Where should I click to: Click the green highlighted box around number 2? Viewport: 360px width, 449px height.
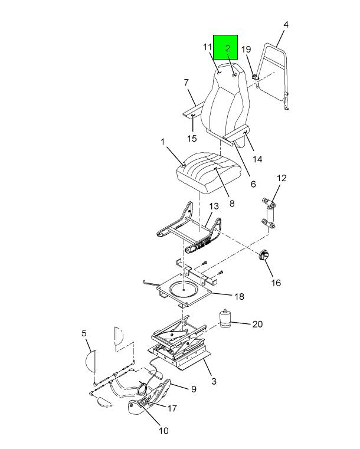[225, 47]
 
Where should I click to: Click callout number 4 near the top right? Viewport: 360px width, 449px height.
[286, 25]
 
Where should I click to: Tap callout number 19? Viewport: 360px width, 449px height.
[246, 49]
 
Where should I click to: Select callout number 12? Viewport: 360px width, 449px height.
[282, 178]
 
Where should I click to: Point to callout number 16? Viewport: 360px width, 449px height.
[276, 283]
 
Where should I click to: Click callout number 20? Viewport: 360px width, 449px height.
[257, 324]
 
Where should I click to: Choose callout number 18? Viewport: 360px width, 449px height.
[240, 296]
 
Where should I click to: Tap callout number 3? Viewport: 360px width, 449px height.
[214, 381]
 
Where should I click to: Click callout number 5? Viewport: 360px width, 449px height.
[84, 333]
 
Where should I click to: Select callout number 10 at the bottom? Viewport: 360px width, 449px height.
[163, 431]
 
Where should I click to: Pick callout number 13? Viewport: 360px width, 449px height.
[214, 206]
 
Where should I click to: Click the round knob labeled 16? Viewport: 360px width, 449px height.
[263, 255]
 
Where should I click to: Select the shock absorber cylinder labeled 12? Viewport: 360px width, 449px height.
[270, 213]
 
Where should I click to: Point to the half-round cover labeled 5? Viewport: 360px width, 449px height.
[91, 361]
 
